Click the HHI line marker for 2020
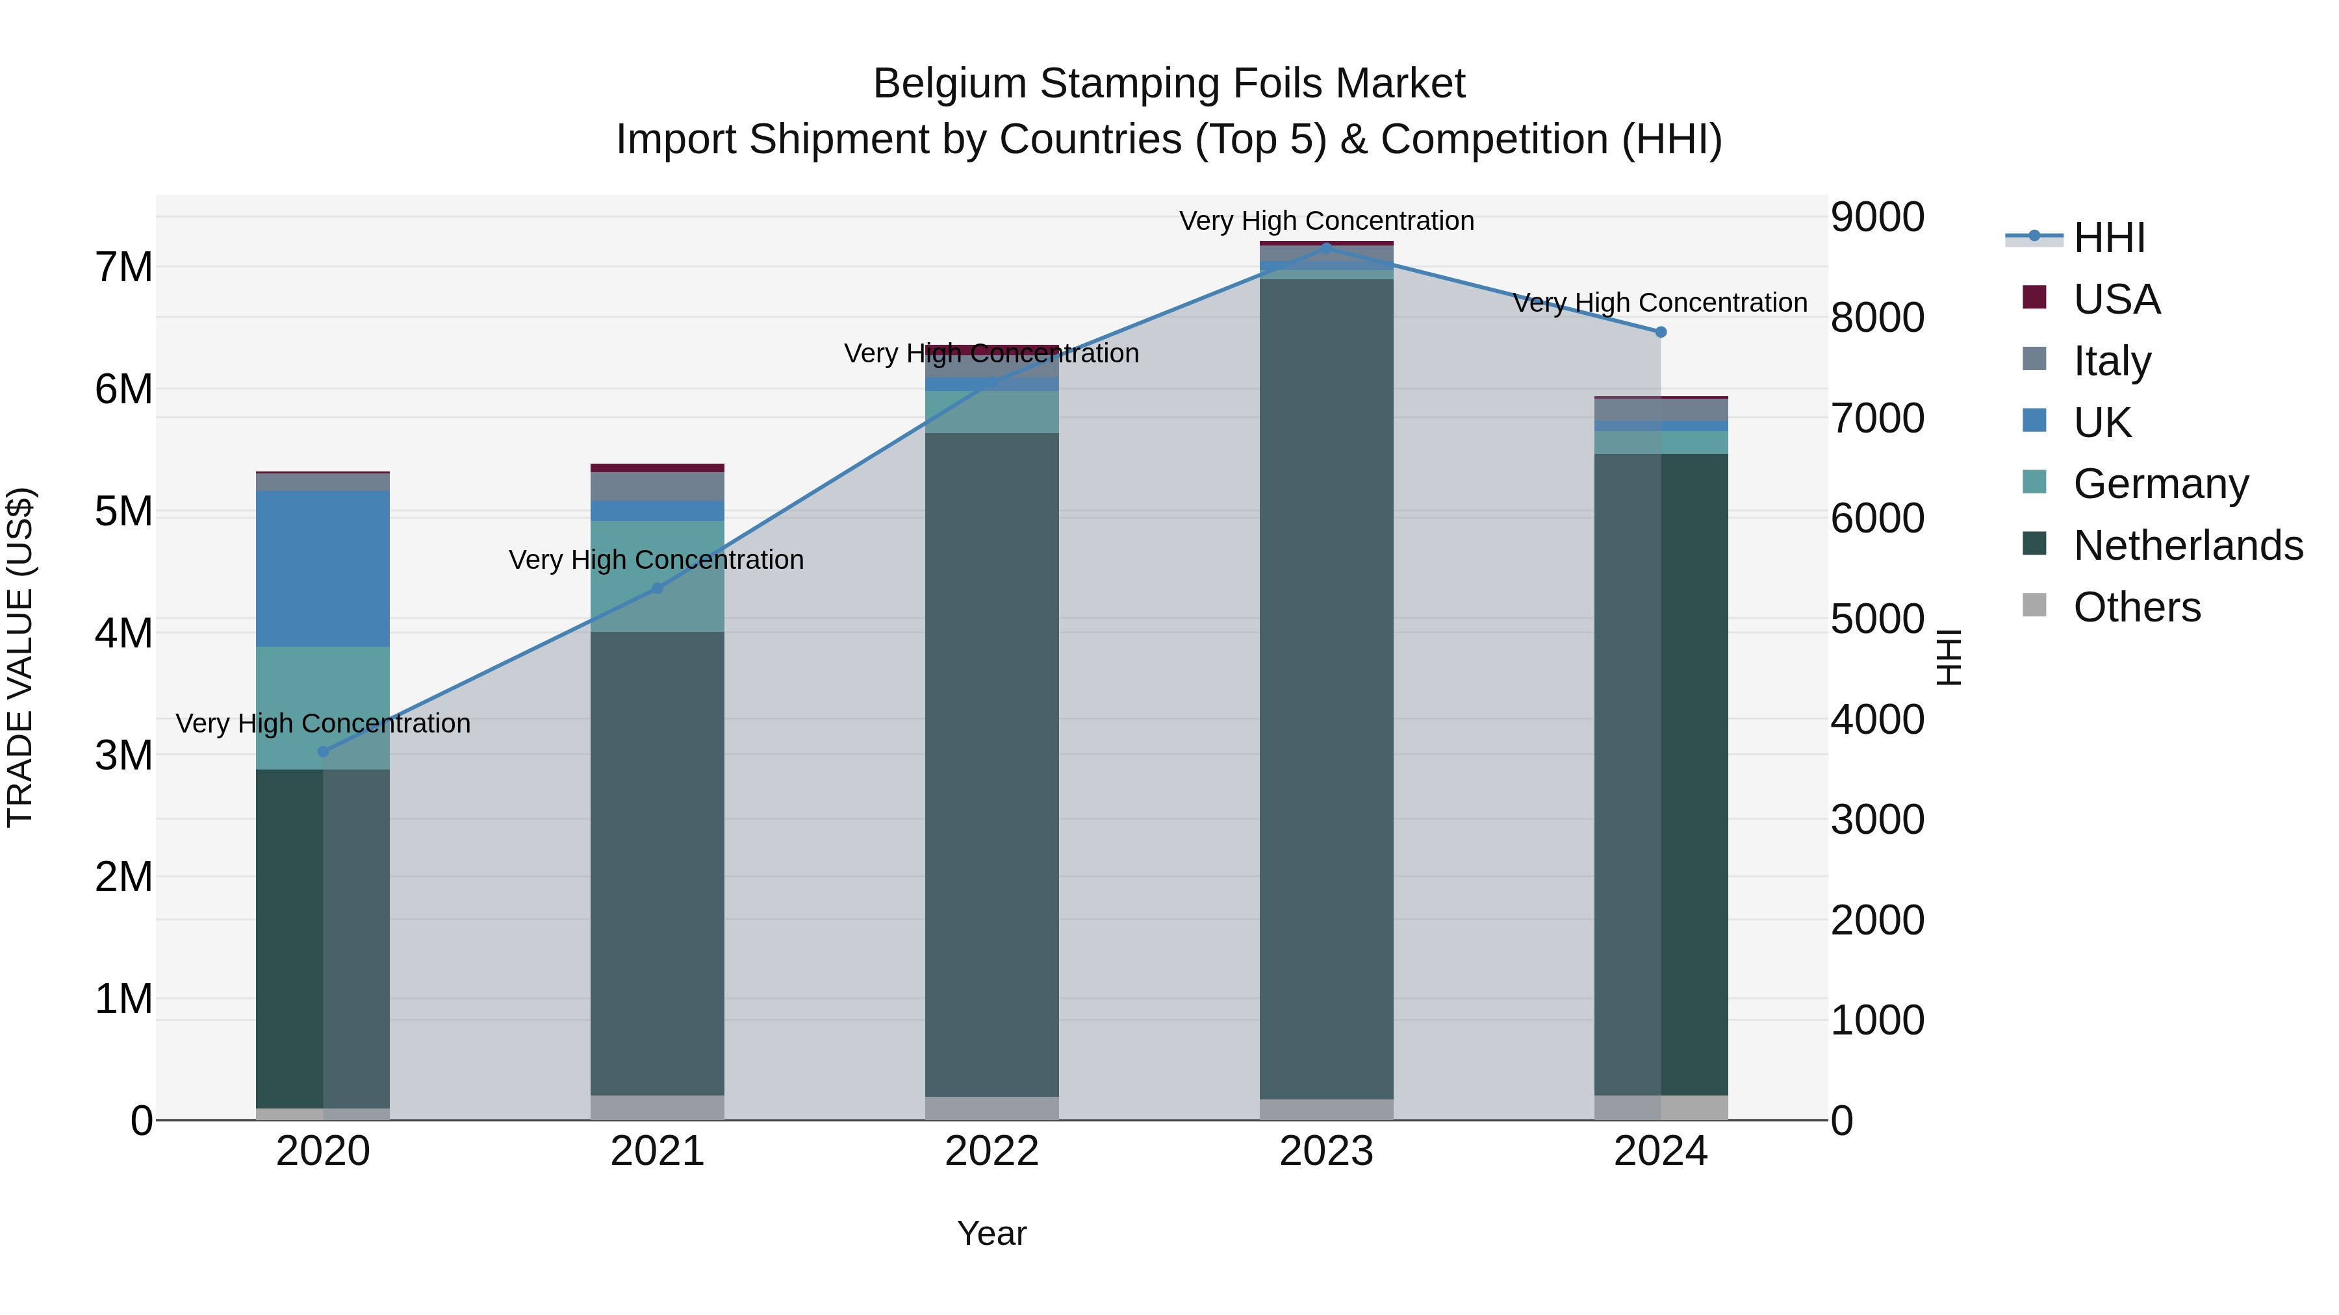click(x=324, y=751)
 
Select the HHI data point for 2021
click(x=658, y=588)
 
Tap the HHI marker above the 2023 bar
click(x=1327, y=248)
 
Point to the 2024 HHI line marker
click(x=1661, y=332)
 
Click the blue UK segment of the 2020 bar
click(x=324, y=568)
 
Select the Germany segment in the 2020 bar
click(x=324, y=708)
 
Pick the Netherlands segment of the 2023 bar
click(x=1327, y=690)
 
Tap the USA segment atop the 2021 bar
click(x=658, y=468)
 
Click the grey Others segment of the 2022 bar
click(x=991, y=1108)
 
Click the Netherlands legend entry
click(x=2188, y=545)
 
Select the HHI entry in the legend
click(x=2108, y=238)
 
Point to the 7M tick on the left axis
click(x=124, y=268)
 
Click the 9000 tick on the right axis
click(x=1876, y=218)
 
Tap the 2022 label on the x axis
click(x=991, y=1151)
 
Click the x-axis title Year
click(x=991, y=1233)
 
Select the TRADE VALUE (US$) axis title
click(x=20, y=657)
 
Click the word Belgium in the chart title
click(x=948, y=84)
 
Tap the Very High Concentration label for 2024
click(x=1660, y=302)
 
